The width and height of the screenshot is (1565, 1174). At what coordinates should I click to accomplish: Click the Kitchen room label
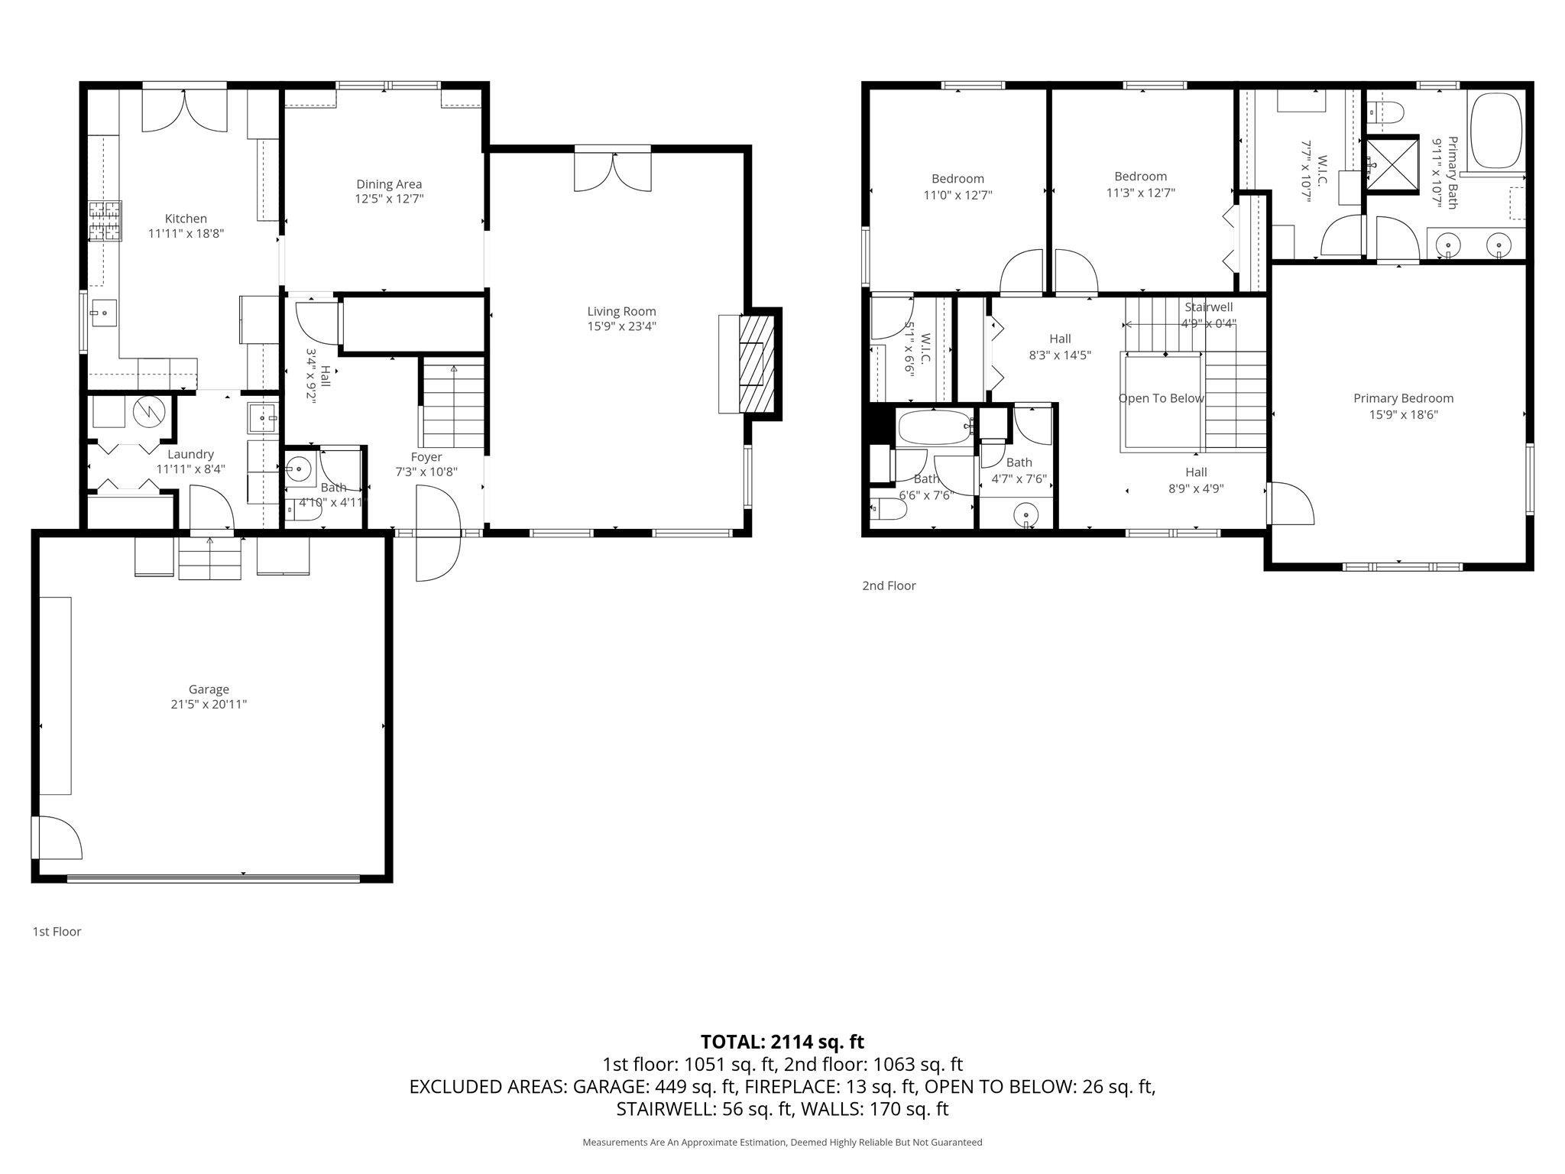pyautogui.click(x=186, y=219)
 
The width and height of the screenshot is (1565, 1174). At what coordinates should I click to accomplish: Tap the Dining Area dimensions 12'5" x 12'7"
pyautogui.click(x=389, y=199)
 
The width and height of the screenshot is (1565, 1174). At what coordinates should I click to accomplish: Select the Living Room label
pyautogui.click(x=621, y=311)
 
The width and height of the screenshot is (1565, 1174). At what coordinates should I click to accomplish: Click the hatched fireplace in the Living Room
pyautogui.click(x=757, y=364)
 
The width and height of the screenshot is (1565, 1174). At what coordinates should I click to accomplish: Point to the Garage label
pyautogui.click(x=209, y=689)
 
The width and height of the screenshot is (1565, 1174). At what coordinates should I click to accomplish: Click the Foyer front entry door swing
pyautogui.click(x=437, y=535)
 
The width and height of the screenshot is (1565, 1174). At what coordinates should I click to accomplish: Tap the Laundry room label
pyautogui.click(x=190, y=454)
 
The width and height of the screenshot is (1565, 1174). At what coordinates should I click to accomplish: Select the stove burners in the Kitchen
pyautogui.click(x=105, y=221)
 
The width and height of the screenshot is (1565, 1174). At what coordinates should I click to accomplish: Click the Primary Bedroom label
pyautogui.click(x=1403, y=398)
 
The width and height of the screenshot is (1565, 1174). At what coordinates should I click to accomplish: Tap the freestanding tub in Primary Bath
pyautogui.click(x=1495, y=130)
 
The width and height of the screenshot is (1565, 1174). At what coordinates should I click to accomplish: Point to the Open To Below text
pyautogui.click(x=1161, y=398)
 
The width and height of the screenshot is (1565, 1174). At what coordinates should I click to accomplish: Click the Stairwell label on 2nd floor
pyautogui.click(x=1209, y=307)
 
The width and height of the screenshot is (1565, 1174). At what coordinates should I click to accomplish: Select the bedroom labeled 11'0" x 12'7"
pyautogui.click(x=957, y=186)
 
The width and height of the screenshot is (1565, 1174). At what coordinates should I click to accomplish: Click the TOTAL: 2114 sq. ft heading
pyautogui.click(x=782, y=1042)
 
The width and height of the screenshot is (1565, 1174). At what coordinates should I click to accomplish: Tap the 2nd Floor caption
pyautogui.click(x=889, y=585)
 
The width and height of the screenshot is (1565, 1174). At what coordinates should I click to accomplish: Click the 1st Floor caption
pyautogui.click(x=57, y=932)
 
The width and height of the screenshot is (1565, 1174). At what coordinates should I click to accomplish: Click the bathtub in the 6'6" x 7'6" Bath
pyautogui.click(x=934, y=427)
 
